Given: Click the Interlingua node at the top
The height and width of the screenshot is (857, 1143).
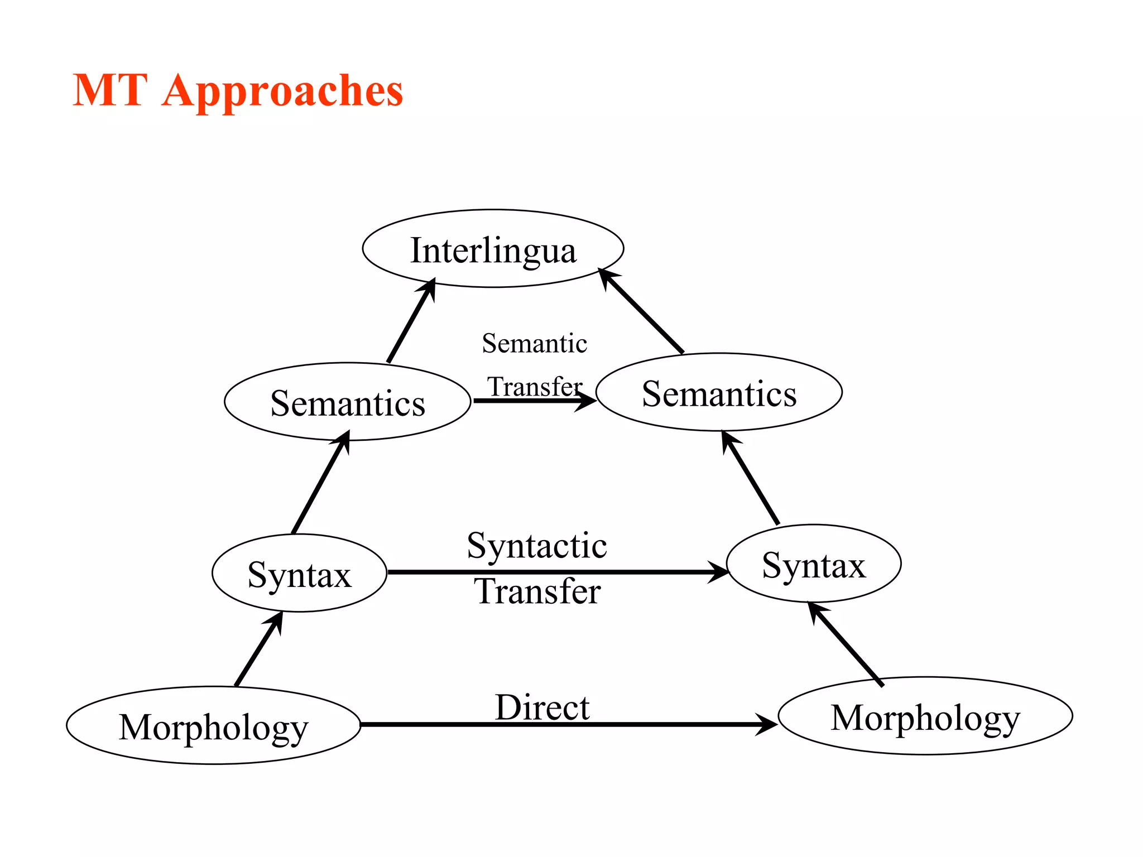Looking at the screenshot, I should click(x=493, y=249).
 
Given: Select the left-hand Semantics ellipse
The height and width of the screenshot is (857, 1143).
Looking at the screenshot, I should click(x=347, y=402).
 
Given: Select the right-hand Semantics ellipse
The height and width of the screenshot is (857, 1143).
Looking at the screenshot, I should click(x=719, y=392).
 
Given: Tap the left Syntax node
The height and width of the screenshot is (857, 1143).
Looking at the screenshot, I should click(x=299, y=574).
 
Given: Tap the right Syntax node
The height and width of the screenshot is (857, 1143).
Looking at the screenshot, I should click(x=814, y=564).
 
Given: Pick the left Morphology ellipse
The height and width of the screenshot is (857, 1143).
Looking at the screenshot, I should click(x=213, y=726).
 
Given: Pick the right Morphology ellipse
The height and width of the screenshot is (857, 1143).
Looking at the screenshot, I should click(x=925, y=716).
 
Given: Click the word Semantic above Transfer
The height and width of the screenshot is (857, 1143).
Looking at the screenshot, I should click(x=534, y=343).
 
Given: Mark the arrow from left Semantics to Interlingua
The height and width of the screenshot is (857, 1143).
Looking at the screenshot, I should click(x=411, y=320).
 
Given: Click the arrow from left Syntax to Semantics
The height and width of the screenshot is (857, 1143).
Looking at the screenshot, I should click(x=320, y=483).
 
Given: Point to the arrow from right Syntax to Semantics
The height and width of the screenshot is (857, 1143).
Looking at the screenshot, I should click(x=750, y=478).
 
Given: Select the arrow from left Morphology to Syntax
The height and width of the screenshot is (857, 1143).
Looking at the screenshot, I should click(x=258, y=649).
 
